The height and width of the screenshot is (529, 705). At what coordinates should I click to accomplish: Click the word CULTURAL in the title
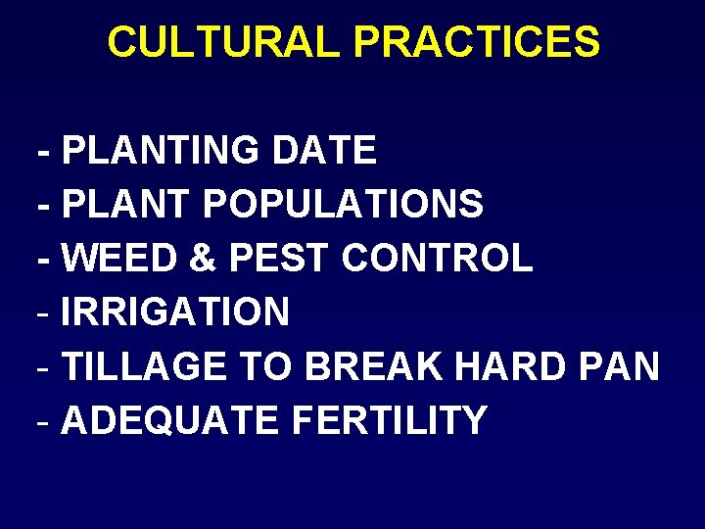(224, 42)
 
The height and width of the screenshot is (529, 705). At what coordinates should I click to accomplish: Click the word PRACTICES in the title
(477, 42)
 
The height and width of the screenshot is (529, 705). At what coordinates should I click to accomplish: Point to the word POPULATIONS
(343, 205)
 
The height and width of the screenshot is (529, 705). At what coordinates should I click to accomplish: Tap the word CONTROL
(438, 259)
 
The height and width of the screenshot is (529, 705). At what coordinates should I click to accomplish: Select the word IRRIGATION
(175, 313)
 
